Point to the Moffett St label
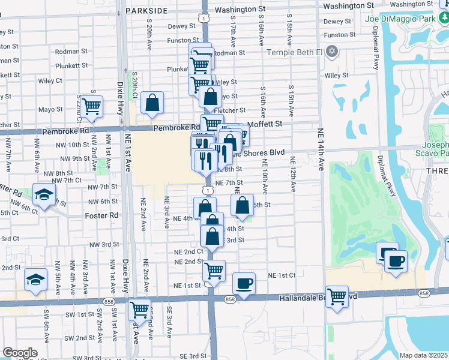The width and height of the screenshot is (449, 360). click(x=266, y=124)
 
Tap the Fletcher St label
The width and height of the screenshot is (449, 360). click(x=234, y=110)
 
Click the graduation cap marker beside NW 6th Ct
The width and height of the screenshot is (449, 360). click(x=43, y=194)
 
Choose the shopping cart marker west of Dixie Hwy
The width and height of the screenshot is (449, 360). click(x=91, y=107)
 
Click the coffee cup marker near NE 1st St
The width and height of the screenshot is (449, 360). click(x=243, y=284)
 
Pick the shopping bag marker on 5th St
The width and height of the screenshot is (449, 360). click(x=242, y=206)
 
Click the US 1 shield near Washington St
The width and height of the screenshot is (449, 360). click(x=205, y=19)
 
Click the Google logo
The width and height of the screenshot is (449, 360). click(x=19, y=352)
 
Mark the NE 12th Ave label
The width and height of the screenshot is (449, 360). click(x=293, y=175)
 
